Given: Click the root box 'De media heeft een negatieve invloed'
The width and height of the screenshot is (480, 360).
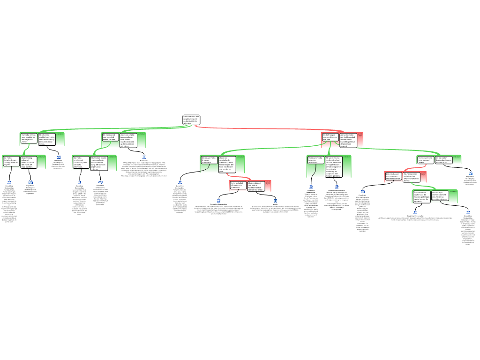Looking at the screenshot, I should [x=191, y=120].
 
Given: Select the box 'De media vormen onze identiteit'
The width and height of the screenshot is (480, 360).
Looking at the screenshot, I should [x=29, y=139].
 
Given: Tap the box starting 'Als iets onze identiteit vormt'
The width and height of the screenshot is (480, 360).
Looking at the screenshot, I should [x=47, y=139].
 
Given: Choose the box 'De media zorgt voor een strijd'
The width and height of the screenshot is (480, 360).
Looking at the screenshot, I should [x=110, y=137].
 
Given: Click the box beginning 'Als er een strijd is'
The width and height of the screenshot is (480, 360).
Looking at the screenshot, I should [x=128, y=140].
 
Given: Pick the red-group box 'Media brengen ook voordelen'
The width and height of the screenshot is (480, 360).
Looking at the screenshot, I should [x=330, y=137].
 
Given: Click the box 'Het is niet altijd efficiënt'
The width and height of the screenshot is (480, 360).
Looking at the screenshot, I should [x=238, y=185].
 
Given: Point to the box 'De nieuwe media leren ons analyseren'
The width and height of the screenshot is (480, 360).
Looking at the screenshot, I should [x=316, y=160].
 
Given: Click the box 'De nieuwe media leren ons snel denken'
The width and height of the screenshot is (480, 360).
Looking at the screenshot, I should [x=426, y=160].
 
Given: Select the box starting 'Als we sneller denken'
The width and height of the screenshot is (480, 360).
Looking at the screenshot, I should [x=443, y=160].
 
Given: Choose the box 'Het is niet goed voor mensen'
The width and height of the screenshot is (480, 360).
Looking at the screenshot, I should [x=393, y=176].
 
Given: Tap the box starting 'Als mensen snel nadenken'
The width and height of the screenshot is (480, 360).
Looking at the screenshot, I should [x=412, y=177].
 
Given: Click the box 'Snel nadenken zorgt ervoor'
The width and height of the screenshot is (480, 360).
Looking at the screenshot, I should [x=421, y=196].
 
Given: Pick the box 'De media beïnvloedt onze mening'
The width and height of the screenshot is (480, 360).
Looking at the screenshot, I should [x=11, y=161].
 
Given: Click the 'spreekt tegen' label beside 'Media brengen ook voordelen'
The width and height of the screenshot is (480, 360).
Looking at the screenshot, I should [x=360, y=135].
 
